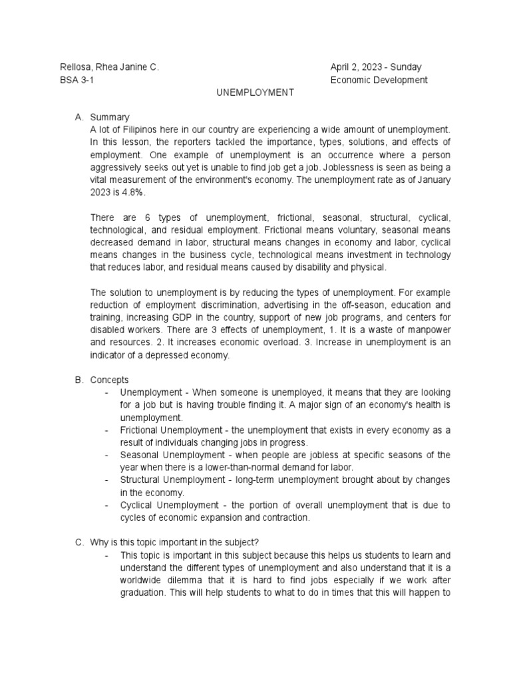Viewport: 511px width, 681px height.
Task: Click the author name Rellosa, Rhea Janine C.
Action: tap(110, 67)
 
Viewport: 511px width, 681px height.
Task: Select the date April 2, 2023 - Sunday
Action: tap(376, 67)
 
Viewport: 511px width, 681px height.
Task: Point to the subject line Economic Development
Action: tap(379, 80)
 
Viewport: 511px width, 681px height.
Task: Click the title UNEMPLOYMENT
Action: tap(255, 92)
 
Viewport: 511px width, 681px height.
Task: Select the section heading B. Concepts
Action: tap(102, 380)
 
